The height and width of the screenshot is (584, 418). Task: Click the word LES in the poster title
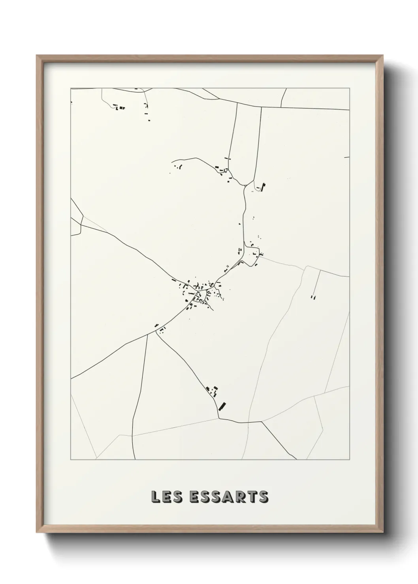[168, 497]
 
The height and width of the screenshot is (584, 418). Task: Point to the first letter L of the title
[155, 497]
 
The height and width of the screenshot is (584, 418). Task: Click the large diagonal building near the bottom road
[222, 405]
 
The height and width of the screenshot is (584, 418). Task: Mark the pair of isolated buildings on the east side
[313, 297]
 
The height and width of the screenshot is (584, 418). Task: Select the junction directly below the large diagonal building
[219, 417]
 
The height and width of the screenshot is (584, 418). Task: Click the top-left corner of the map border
[71, 88]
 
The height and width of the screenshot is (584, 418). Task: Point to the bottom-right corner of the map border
[349, 460]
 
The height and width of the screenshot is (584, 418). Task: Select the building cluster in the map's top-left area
[119, 107]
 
